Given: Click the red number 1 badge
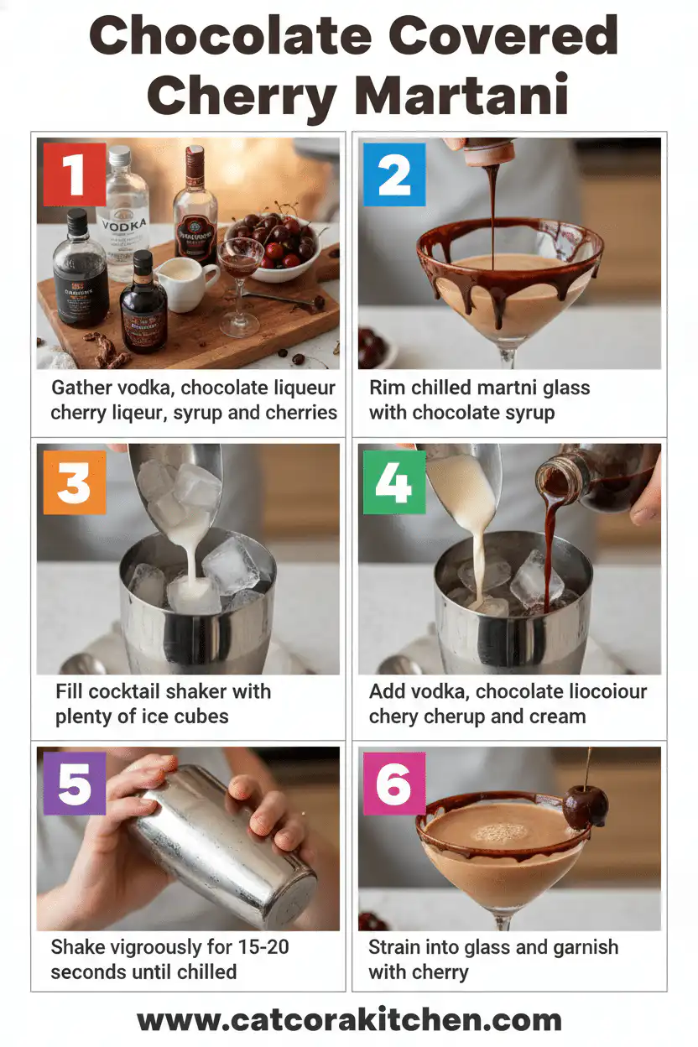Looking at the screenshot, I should [74, 174].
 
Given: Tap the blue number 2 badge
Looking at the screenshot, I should [393, 174].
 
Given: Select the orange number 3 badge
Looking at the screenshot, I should [75, 482].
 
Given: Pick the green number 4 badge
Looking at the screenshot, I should [394, 482].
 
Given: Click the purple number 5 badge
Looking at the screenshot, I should [74, 784].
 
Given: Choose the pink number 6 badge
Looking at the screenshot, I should [394, 784].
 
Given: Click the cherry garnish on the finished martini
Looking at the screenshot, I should [585, 806].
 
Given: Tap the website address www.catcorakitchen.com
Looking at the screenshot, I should [349, 1020].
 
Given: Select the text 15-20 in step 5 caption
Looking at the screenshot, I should [262, 947].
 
